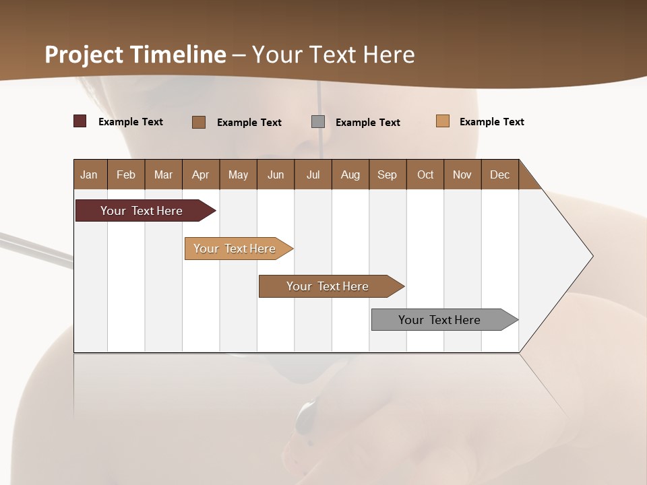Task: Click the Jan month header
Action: [90, 174]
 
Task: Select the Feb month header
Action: [126, 174]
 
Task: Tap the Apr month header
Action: [201, 174]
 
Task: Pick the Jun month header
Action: [276, 174]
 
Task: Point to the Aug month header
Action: [350, 174]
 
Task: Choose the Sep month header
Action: [388, 174]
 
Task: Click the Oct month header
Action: [425, 174]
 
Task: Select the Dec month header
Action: [500, 174]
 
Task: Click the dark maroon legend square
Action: [80, 121]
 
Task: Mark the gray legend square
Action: [318, 122]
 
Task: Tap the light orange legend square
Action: [443, 121]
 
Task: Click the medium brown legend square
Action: [199, 122]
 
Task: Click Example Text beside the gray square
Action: [367, 123]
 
